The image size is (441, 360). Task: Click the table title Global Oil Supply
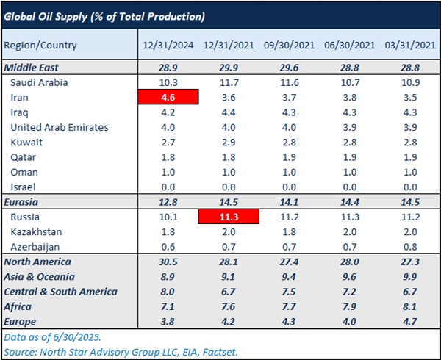tap(105, 15)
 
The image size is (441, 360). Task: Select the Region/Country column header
tap(40, 45)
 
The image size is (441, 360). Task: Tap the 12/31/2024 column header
tap(168, 45)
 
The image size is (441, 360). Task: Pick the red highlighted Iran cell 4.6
tap(168, 97)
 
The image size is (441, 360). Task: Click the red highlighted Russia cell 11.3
tap(229, 217)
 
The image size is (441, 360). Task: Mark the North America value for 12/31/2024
tap(168, 262)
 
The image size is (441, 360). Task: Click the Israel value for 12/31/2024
tap(168, 187)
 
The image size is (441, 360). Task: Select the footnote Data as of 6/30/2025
tap(51, 336)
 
